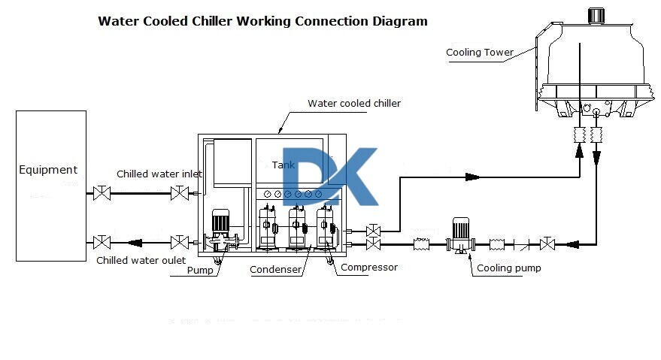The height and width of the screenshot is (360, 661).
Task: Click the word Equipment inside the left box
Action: coord(48,170)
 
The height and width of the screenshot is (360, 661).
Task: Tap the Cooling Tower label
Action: coord(480,53)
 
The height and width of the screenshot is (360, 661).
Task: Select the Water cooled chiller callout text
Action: coord(354,104)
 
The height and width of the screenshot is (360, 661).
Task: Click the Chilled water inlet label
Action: coord(159,174)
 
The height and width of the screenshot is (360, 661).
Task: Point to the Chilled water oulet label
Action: coord(141,261)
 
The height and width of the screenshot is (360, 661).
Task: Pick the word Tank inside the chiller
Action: coord(284,165)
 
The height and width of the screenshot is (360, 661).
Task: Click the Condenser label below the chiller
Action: coord(276,270)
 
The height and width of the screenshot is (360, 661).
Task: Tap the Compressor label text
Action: coord(369,267)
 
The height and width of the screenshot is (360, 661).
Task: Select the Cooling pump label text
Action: coord(509,268)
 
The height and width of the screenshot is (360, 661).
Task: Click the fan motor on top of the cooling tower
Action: coord(596,15)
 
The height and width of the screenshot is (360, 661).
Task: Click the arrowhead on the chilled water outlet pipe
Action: coord(136,242)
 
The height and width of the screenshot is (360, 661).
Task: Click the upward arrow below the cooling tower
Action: coord(580,151)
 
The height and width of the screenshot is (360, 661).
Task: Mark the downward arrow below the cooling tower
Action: coord(596,158)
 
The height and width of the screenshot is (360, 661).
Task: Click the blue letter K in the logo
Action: coord(353,177)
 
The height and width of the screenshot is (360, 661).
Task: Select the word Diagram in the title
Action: coord(400,21)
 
